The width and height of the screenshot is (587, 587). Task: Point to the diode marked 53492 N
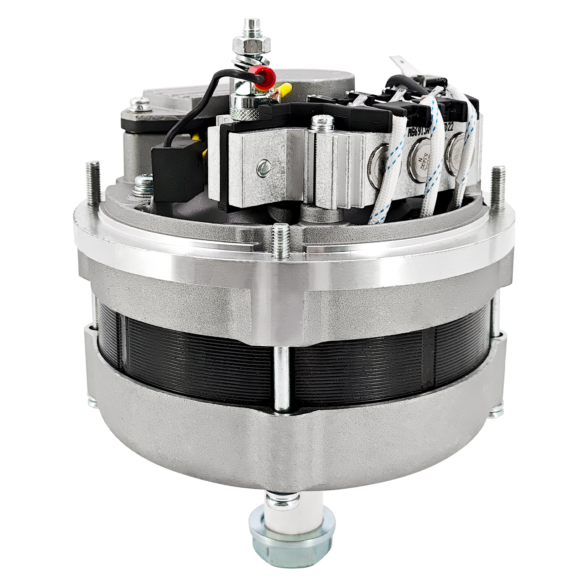[x=418, y=156]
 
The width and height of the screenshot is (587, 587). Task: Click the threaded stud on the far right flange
[x=497, y=186]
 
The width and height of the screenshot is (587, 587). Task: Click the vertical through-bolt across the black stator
[x=281, y=376]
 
